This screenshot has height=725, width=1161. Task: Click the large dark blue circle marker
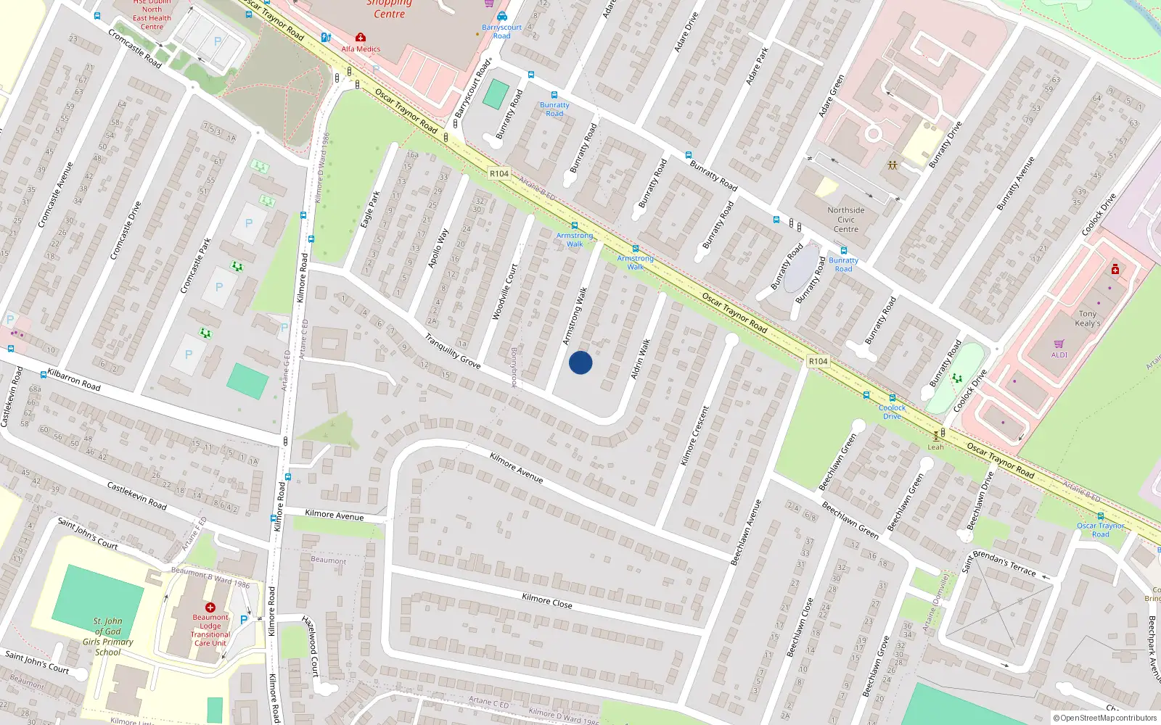click(580, 362)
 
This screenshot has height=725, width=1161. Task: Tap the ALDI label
click(1059, 355)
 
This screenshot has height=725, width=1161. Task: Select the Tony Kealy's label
click(1087, 319)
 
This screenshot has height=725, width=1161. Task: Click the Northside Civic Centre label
click(846, 220)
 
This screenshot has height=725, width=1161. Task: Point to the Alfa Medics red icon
click(360, 37)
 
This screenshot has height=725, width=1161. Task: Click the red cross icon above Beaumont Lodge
click(210, 608)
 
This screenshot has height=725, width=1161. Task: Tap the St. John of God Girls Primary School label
click(107, 637)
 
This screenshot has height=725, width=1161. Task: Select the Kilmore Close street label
click(547, 600)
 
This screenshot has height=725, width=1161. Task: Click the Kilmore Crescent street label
click(694, 435)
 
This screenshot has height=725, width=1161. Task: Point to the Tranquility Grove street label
click(452, 351)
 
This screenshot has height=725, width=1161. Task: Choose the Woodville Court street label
click(505, 291)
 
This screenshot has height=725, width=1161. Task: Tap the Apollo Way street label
click(438, 249)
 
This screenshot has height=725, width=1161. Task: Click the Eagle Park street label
click(371, 208)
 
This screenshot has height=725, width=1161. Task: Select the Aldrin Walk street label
click(641, 358)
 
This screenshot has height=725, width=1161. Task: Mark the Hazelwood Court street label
click(311, 646)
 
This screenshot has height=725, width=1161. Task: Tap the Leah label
click(935, 447)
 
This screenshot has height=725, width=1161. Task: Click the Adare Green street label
click(832, 96)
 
